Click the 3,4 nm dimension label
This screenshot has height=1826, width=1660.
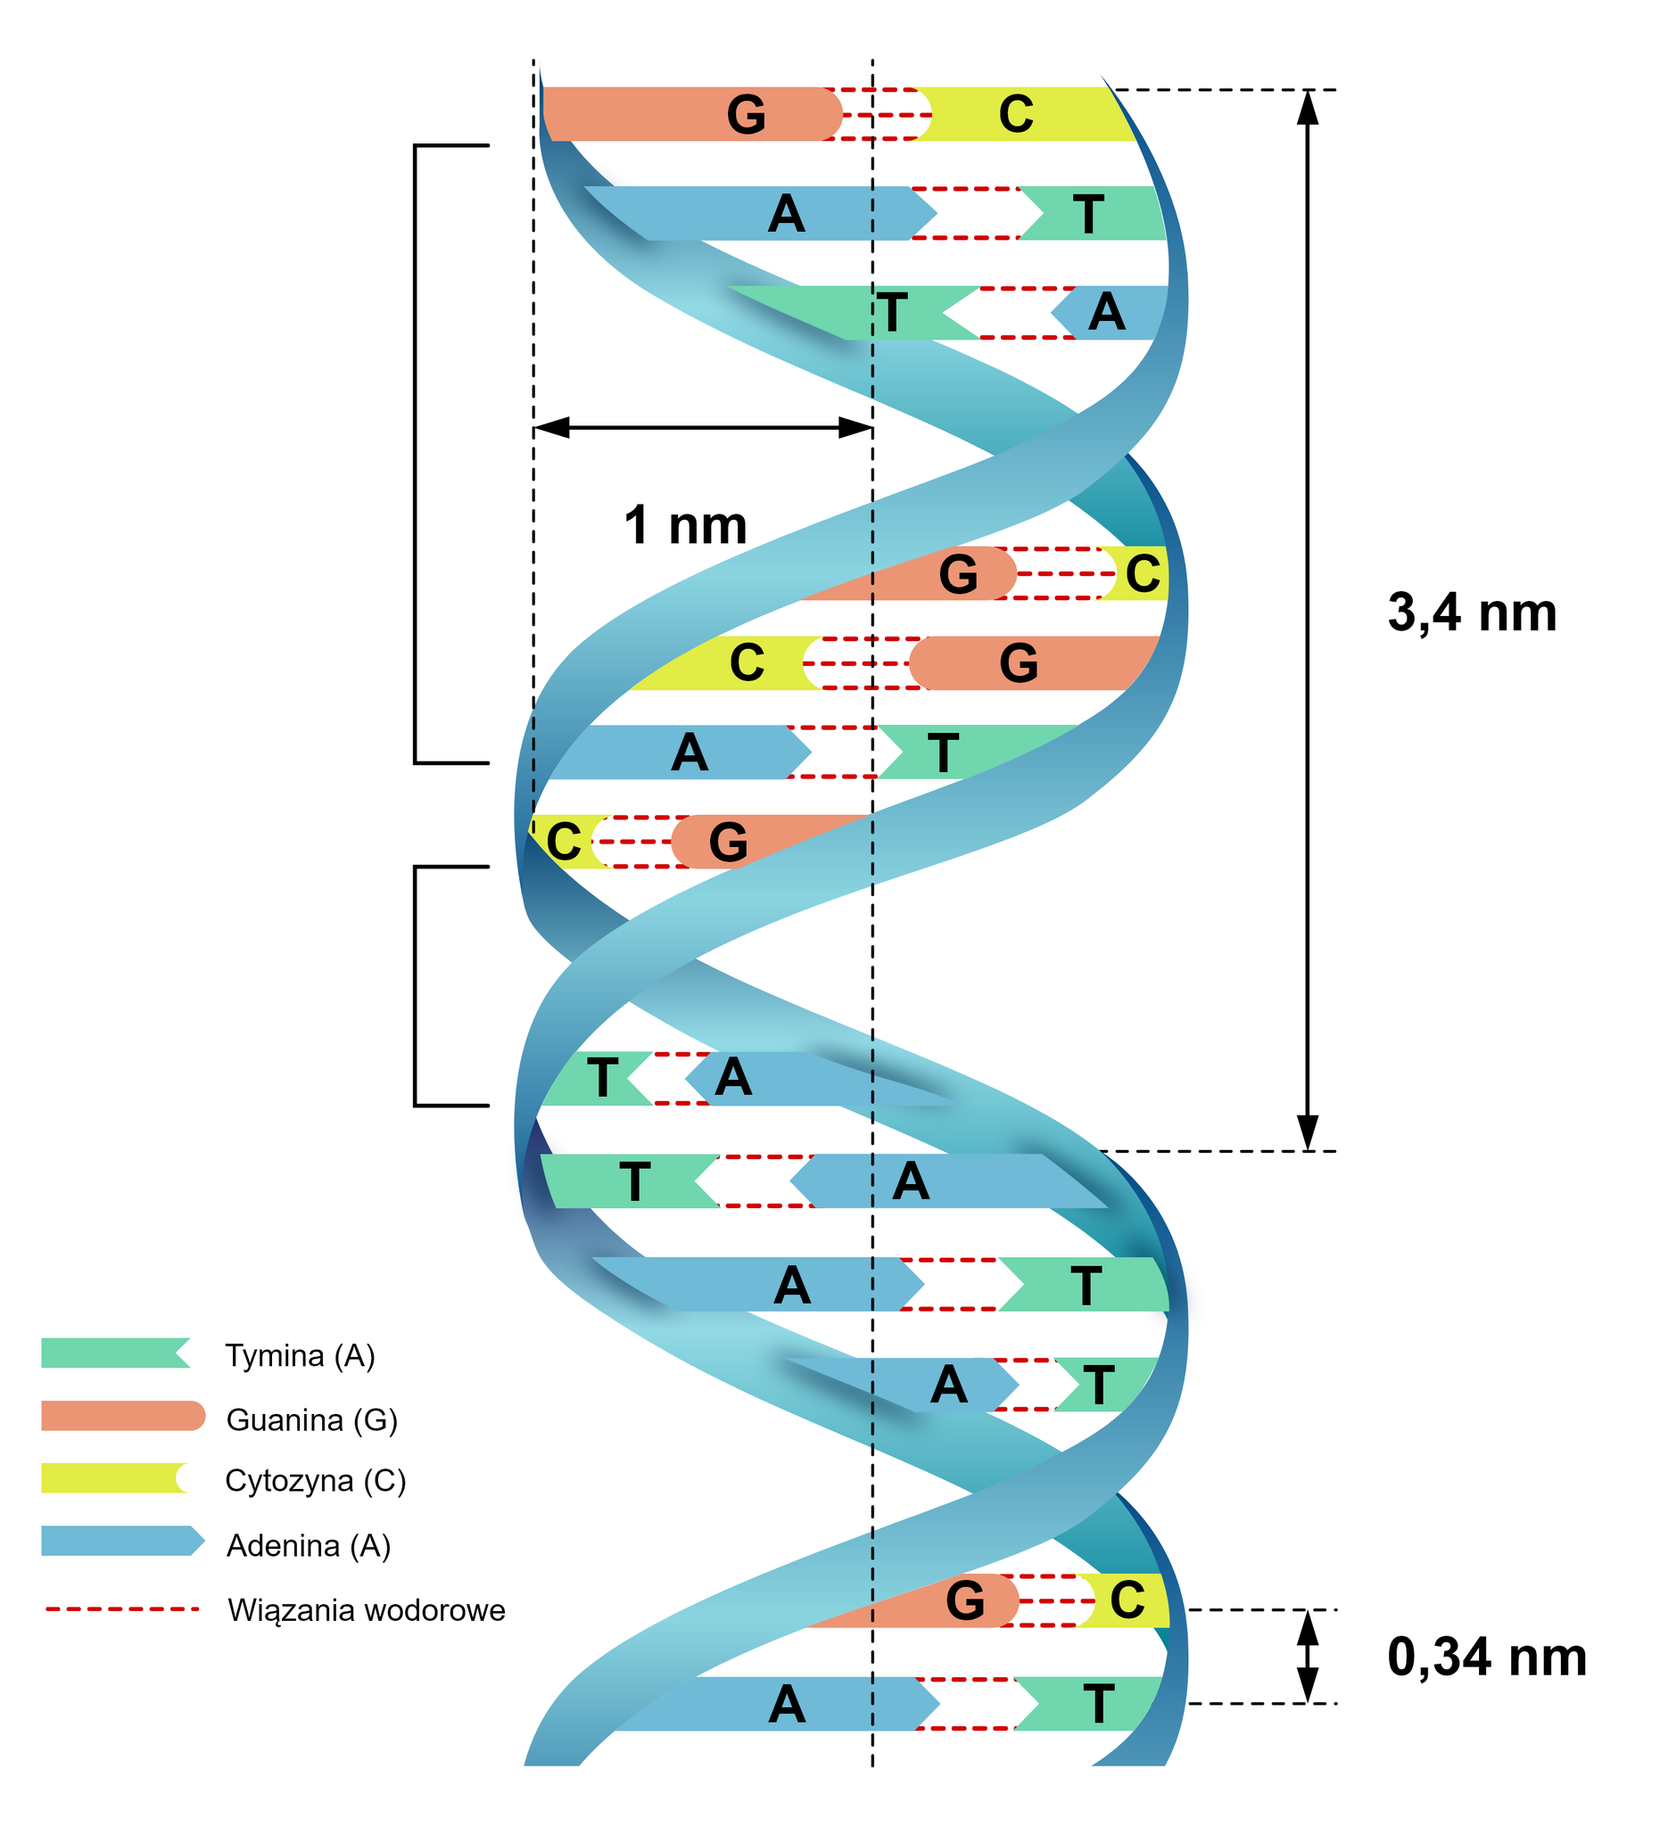pyautogui.click(x=1472, y=613)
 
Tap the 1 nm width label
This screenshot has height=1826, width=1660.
pyautogui.click(x=685, y=525)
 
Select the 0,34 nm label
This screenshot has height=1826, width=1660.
pyautogui.click(x=1486, y=1657)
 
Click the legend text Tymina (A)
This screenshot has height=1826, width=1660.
pyautogui.click(x=300, y=1356)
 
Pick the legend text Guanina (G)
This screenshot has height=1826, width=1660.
pyautogui.click(x=311, y=1420)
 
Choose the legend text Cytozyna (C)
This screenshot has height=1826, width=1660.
pyautogui.click(x=316, y=1481)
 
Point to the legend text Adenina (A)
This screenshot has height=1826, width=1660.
pyautogui.click(x=308, y=1546)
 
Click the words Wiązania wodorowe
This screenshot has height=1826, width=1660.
pyautogui.click(x=366, y=1611)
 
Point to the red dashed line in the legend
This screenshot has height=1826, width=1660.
pyautogui.click(x=122, y=1609)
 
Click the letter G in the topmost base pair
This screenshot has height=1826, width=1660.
pyautogui.click(x=746, y=115)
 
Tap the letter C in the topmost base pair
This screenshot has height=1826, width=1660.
pyautogui.click(x=1016, y=115)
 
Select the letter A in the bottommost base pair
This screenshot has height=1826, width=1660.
pyautogui.click(x=787, y=1706)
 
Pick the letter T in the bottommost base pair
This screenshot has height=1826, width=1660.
pyautogui.click(x=1098, y=1706)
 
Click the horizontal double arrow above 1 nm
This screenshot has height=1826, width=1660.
pyautogui.click(x=702, y=427)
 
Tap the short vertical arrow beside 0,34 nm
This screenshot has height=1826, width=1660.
pyautogui.click(x=1307, y=1657)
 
